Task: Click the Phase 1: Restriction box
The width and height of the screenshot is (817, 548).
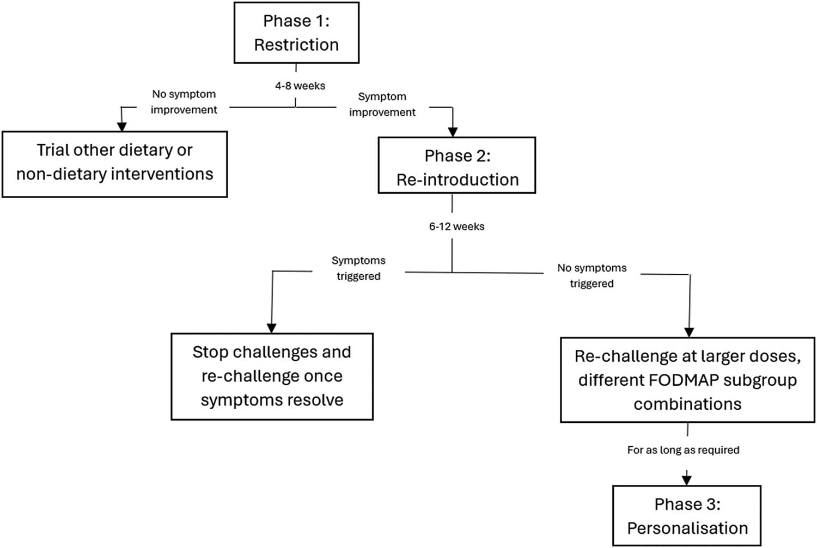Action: [296, 33]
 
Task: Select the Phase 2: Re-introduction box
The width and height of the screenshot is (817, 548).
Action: [457, 165]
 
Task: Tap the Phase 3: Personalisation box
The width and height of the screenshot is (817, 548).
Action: [687, 516]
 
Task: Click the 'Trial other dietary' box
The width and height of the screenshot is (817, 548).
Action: [114, 164]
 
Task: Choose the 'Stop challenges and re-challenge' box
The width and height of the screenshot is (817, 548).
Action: [272, 376]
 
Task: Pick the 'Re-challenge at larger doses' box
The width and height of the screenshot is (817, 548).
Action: [687, 380]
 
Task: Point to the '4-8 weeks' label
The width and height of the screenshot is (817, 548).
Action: [300, 86]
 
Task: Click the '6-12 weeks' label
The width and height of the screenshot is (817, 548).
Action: [456, 226]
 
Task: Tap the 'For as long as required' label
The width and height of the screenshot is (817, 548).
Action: [683, 450]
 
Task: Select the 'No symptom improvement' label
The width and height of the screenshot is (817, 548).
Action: [184, 102]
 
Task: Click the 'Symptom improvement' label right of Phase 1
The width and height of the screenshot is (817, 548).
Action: [382, 104]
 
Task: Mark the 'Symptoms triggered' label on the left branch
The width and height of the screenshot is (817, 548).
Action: [358, 268]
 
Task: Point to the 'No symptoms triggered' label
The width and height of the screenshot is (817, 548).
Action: [592, 275]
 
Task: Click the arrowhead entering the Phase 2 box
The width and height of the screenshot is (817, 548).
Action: [453, 132]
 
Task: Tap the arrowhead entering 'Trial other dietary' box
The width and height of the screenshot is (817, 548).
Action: [122, 126]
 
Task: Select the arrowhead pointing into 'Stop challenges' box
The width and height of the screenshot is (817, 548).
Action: [271, 328]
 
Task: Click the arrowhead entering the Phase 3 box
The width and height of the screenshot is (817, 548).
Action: [687, 480]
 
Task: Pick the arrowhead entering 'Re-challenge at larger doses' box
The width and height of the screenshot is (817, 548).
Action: [689, 332]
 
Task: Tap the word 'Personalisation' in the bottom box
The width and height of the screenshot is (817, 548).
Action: [687, 528]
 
